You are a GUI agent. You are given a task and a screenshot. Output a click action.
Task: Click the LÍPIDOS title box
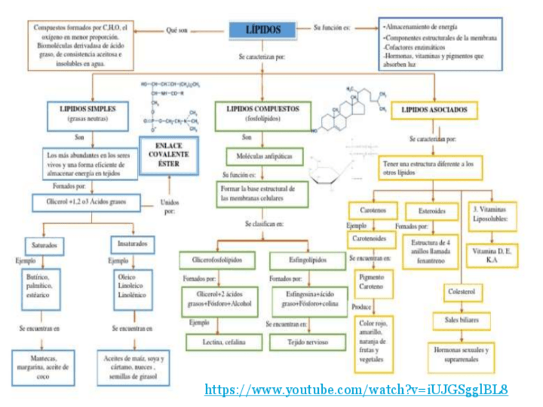point(263,29)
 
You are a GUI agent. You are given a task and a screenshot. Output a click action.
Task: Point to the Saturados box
point(44,245)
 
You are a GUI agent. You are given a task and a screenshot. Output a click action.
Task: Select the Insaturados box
point(133,244)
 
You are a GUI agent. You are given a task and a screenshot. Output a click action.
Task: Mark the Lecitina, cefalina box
point(224,342)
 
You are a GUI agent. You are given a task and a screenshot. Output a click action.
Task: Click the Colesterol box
point(462,292)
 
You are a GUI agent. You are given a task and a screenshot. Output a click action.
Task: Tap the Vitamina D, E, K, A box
point(491,256)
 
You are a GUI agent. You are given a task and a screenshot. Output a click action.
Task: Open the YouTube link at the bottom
point(357,389)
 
